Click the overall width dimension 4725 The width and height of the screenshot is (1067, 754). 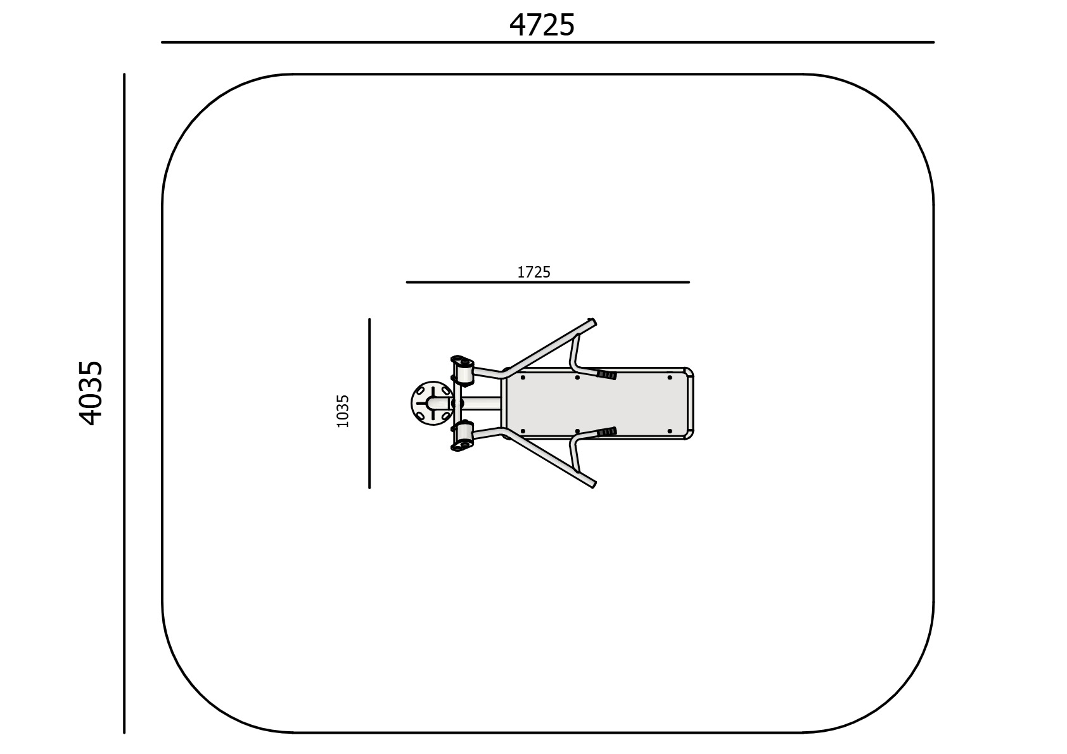pos(542,25)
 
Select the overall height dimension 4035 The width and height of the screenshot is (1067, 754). pos(91,393)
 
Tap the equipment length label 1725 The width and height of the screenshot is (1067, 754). pos(533,272)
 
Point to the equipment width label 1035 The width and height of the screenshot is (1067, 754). pos(343,411)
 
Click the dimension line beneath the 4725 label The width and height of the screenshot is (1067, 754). pos(548,42)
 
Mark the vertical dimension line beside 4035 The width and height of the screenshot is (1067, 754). pos(124,404)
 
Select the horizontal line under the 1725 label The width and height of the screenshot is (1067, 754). pos(548,283)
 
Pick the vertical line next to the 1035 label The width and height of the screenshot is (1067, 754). pos(369,404)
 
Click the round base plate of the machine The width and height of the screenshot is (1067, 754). pos(431,404)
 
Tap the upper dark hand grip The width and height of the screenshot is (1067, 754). pos(607,375)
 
